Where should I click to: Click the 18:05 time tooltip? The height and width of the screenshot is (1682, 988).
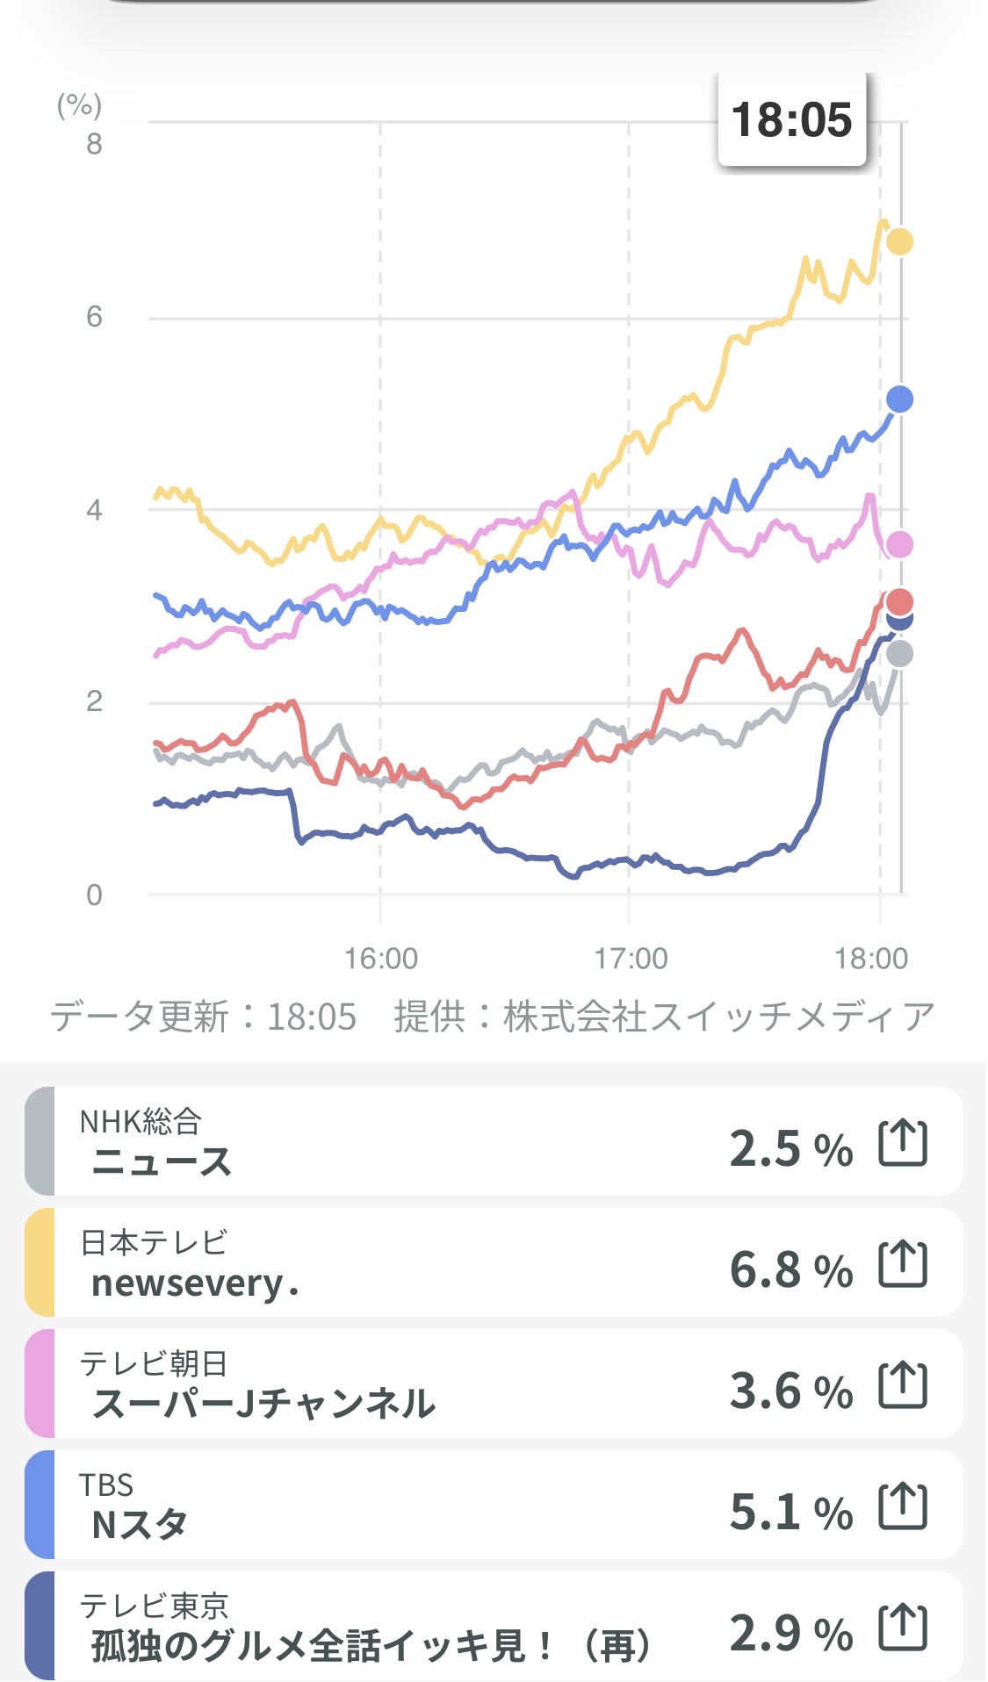point(791,119)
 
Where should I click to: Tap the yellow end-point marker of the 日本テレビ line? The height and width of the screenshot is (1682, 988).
point(899,241)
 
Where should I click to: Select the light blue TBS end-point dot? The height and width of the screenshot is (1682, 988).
point(899,399)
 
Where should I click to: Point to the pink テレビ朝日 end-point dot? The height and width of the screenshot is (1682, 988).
point(899,545)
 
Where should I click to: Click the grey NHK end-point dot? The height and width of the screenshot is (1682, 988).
point(899,654)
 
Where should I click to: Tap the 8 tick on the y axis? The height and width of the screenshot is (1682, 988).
point(94,144)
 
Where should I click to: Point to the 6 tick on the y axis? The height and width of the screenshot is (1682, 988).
point(94,317)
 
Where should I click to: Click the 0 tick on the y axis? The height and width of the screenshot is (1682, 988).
point(94,895)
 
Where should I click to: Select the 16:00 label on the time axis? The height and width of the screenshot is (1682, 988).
point(381,959)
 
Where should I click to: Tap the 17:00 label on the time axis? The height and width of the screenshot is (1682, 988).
point(631,959)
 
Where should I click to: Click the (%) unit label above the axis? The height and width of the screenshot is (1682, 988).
point(79,105)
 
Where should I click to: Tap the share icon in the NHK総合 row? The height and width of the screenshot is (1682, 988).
point(903,1143)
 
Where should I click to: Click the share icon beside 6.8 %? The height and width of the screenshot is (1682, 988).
point(903,1264)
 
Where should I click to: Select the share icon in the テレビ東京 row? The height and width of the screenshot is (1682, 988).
point(903,1628)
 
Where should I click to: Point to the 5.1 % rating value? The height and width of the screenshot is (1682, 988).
point(790,1512)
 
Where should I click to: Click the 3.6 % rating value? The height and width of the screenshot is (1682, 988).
point(790,1391)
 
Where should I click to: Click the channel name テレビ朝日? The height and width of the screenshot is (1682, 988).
point(154,1363)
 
